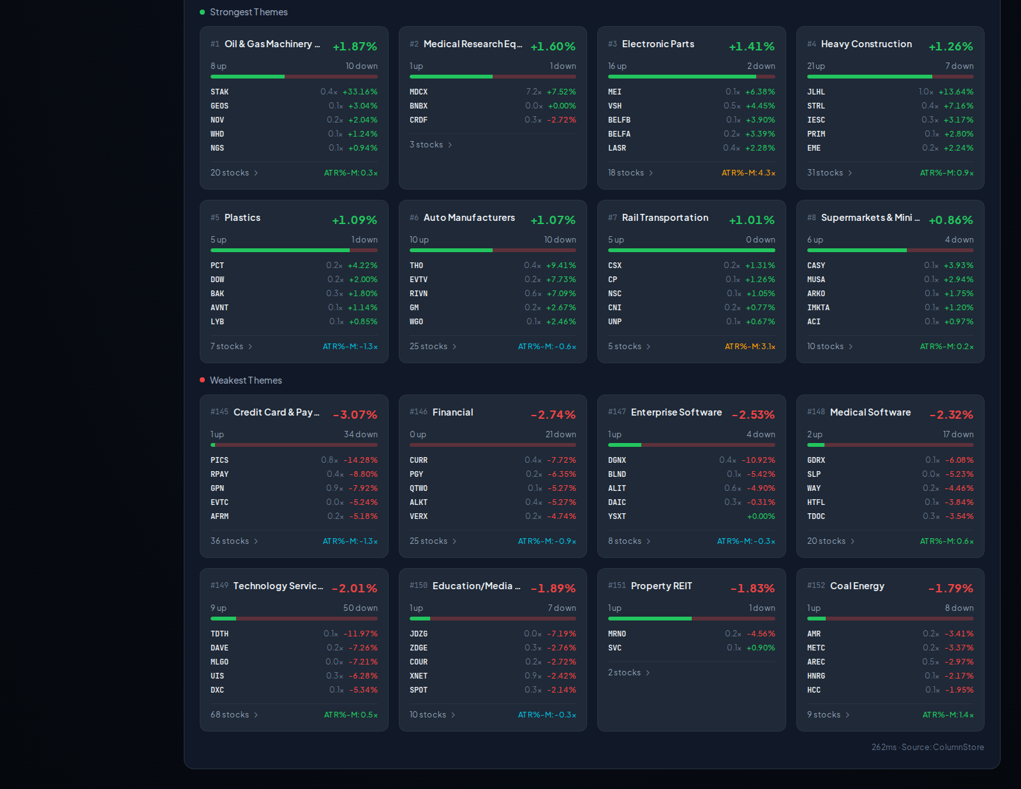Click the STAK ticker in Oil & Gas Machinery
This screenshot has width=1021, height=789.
click(x=220, y=92)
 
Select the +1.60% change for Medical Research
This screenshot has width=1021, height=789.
click(x=553, y=46)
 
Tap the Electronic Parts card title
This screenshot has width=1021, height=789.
click(x=658, y=43)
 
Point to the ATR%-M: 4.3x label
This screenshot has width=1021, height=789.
click(x=749, y=172)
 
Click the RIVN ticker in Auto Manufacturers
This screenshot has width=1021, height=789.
click(x=418, y=293)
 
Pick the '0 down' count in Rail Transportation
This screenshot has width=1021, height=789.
click(x=761, y=239)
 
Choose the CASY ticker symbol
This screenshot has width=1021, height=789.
click(x=816, y=266)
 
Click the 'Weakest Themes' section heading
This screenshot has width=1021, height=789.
click(x=246, y=380)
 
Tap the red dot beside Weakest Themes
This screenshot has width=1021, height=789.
click(x=202, y=380)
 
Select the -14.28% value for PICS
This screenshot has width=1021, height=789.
click(x=361, y=460)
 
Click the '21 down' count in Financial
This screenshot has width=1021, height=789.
click(x=560, y=434)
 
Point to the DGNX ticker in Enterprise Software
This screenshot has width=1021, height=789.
click(x=617, y=460)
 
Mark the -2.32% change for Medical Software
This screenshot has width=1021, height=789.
click(x=951, y=414)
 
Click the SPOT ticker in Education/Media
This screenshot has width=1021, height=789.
click(x=419, y=690)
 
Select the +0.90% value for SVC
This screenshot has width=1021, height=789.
click(x=760, y=647)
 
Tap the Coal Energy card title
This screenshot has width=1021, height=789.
click(x=857, y=586)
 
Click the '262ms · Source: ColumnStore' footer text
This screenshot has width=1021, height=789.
click(x=927, y=747)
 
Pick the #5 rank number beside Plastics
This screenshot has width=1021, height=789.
click(x=214, y=218)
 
